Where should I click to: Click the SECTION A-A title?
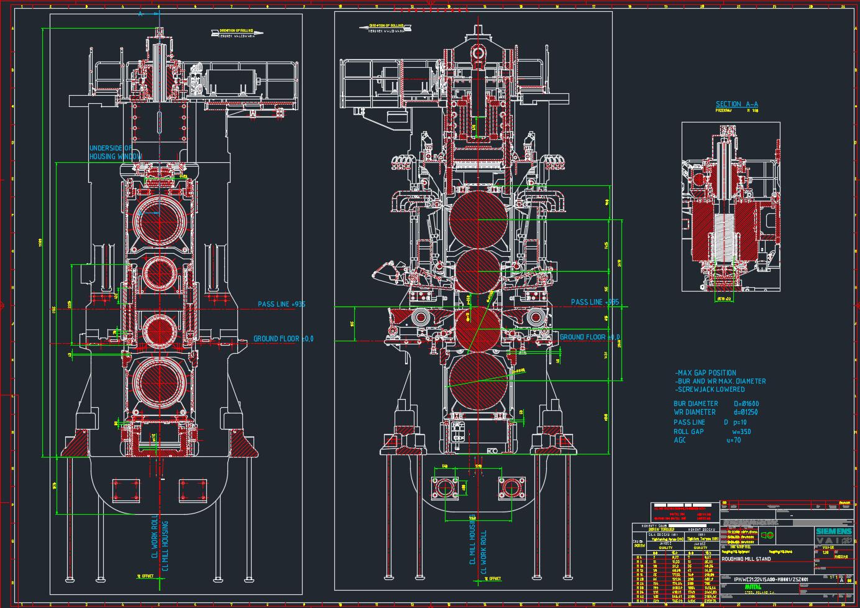pos(736,104)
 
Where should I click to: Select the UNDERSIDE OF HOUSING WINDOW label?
pos(116,152)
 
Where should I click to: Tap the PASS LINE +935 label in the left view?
pos(281,304)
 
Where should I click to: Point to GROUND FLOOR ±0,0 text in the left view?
pos(283,339)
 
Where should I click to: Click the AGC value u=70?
pos(734,440)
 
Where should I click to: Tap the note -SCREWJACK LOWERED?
pos(710,389)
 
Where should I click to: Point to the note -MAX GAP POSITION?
pos(705,373)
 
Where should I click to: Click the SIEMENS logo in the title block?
pos(833,532)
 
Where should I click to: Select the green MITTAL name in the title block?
pos(752,587)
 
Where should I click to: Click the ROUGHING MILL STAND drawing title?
pos(746,559)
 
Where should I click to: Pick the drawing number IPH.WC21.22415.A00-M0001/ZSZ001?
pos(771,579)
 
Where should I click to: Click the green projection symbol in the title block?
pos(768,535)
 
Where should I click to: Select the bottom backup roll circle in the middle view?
pos(478,378)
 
